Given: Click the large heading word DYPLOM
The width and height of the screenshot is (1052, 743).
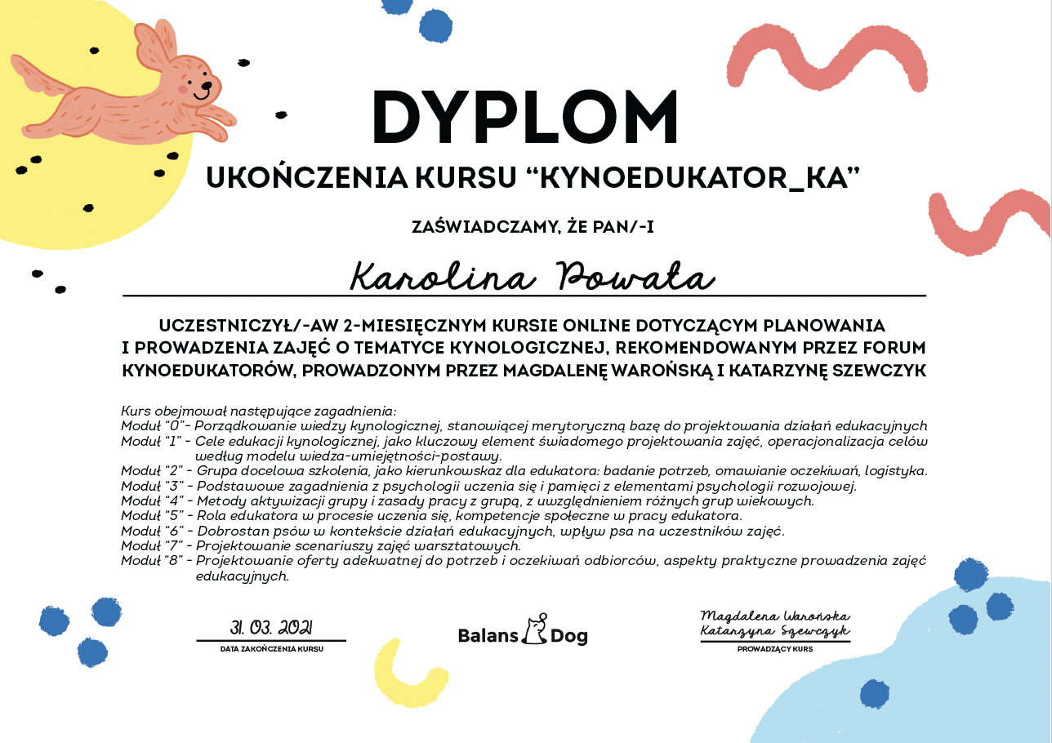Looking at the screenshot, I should point(525,118).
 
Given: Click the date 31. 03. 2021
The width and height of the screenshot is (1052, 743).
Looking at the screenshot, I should point(271,628).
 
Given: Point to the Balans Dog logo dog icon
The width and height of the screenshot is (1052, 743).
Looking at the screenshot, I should point(535,629).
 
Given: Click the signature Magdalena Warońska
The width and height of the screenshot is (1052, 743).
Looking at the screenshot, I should point(775,616).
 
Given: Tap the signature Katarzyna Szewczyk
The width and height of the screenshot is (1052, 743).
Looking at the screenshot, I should point(775,631).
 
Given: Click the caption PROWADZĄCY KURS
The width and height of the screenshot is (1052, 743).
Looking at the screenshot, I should point(775,649).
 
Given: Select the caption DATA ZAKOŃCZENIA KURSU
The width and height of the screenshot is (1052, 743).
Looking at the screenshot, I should point(271,649).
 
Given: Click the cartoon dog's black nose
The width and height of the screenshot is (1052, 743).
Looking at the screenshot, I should point(207,85).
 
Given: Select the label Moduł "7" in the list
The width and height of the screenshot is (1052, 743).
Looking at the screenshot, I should point(151,545).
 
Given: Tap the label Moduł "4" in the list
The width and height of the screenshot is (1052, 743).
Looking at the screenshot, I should point(151,501).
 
